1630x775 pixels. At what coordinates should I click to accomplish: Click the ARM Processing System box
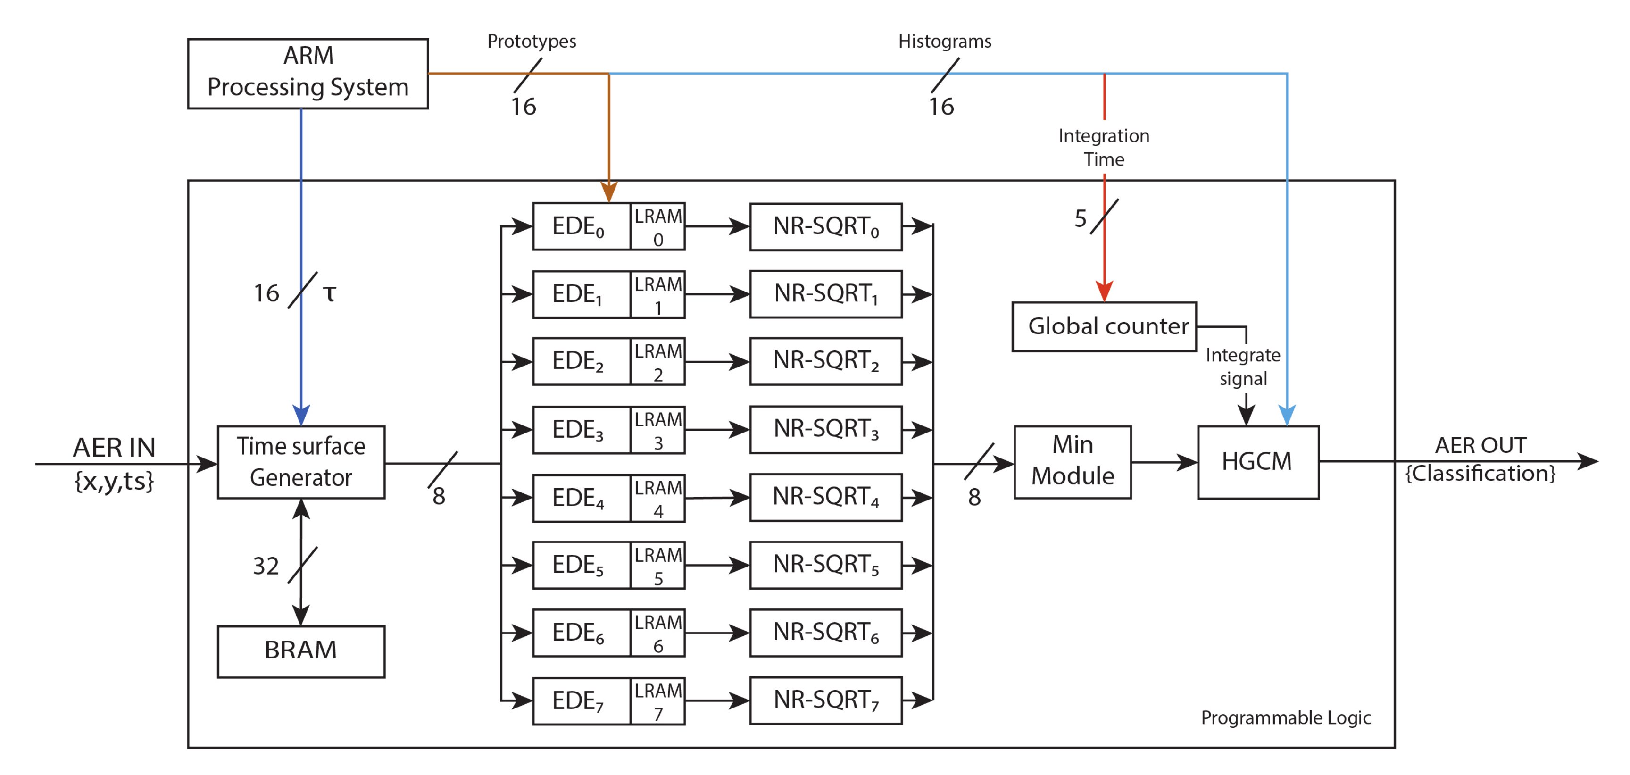(x=308, y=73)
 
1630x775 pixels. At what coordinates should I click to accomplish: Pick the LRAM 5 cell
(x=658, y=565)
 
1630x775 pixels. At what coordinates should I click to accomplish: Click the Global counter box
(x=1104, y=326)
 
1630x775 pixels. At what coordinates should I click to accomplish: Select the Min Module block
(x=1072, y=462)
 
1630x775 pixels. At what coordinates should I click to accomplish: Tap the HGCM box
(x=1257, y=462)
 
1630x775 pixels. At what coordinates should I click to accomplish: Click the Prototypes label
(x=532, y=41)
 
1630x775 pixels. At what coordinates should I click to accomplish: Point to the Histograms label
(x=944, y=41)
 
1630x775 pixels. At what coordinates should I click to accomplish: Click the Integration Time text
(x=1104, y=147)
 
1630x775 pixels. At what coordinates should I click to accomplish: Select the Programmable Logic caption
(x=1285, y=717)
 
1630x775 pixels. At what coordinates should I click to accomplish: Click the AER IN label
(x=114, y=447)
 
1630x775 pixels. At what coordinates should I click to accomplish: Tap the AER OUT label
(x=1480, y=445)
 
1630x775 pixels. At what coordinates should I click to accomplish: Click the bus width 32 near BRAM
(x=266, y=566)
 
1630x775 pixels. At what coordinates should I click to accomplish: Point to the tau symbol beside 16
(x=329, y=293)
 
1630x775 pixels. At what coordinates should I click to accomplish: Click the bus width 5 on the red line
(x=1080, y=219)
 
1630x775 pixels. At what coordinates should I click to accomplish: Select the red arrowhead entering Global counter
(x=1104, y=292)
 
